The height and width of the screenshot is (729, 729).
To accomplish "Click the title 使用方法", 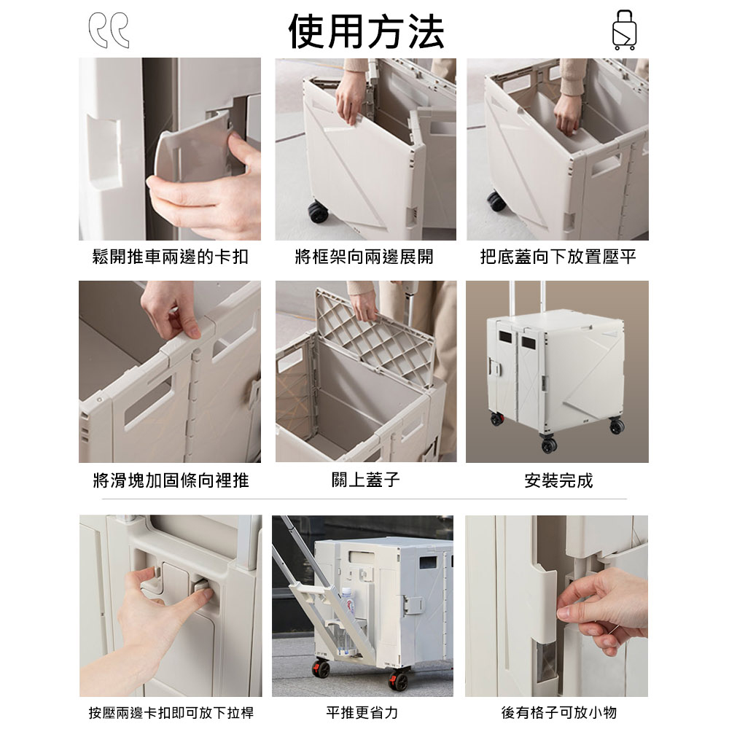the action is [366, 31].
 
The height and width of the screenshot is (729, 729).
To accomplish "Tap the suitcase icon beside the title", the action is [624, 30].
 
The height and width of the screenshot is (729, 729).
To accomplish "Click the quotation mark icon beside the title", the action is [109, 30].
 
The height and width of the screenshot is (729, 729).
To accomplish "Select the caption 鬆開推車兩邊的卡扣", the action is [170, 257].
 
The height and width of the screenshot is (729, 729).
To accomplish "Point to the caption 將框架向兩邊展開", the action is [364, 257].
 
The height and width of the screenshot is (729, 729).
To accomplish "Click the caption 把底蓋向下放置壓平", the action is [558, 257].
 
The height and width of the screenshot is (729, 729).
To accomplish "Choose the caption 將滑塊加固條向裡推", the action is [171, 480].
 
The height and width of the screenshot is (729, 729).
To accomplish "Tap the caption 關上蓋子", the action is [366, 480].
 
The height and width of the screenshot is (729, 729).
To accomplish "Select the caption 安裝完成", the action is [559, 480].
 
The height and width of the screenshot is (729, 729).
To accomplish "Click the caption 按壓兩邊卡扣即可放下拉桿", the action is [171, 712].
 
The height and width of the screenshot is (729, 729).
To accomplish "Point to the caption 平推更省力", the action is [362, 712].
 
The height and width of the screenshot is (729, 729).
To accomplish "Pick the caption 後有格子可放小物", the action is [559, 712].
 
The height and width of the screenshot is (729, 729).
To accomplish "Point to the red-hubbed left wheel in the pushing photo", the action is [321, 668].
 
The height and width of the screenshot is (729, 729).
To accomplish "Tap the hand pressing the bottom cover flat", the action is [566, 115].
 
